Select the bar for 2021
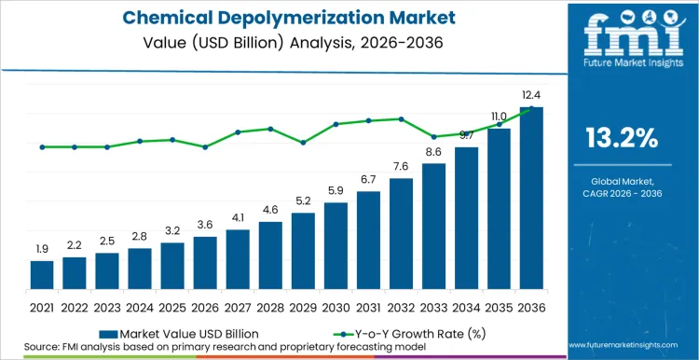point(42,274)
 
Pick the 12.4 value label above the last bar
point(531,95)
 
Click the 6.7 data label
point(368,179)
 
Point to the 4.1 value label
point(238,217)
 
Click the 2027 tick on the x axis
point(238,307)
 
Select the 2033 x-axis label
point(433,307)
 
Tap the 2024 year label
point(140,307)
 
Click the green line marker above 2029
point(303,143)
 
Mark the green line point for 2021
point(42,146)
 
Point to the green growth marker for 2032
point(401,118)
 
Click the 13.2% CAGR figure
point(622,138)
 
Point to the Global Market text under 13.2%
point(622,180)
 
